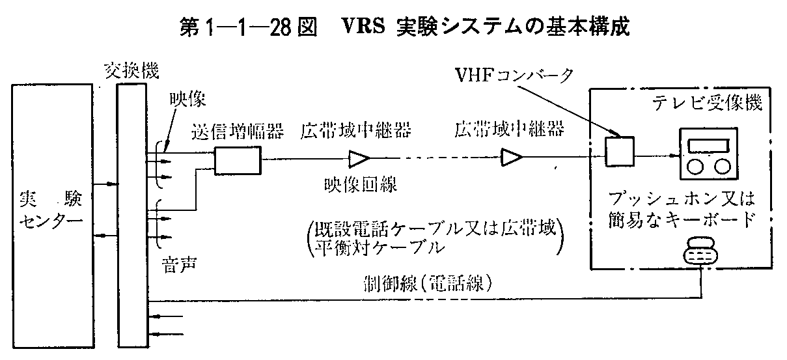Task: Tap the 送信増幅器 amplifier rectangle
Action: click(x=237, y=159)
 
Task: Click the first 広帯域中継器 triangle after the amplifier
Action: click(x=359, y=158)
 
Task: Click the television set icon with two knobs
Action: click(x=706, y=154)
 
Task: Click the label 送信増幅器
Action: click(x=238, y=132)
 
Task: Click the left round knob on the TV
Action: click(x=695, y=167)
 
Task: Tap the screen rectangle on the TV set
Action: click(x=706, y=144)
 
